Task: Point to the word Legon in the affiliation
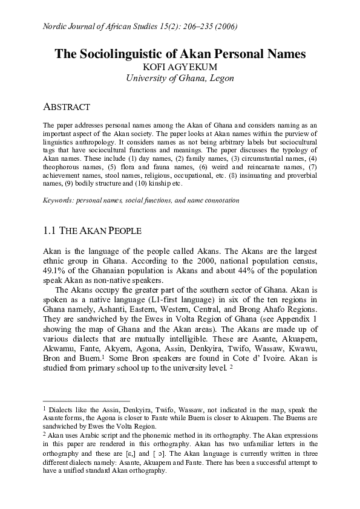tap(220, 78)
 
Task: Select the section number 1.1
tap(51, 231)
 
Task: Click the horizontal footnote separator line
tap(87, 400)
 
